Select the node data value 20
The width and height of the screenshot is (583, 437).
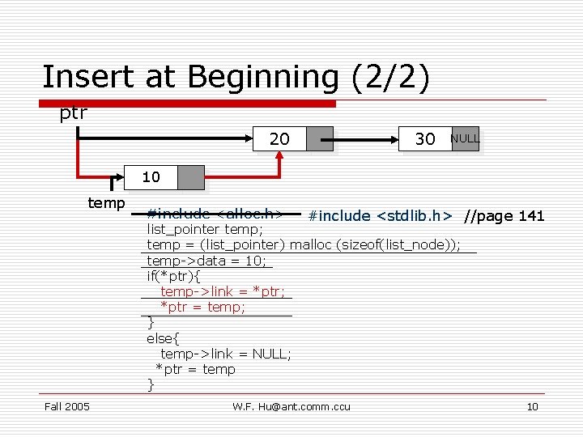click(279, 139)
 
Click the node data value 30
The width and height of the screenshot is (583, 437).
click(425, 139)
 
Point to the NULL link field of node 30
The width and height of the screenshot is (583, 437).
click(465, 138)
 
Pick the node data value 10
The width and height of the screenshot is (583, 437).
click(151, 177)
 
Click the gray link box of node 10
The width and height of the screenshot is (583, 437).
click(191, 177)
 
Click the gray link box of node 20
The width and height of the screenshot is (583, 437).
click(320, 139)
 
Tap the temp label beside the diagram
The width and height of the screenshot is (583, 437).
click(107, 202)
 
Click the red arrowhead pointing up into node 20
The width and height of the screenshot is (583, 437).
click(279, 159)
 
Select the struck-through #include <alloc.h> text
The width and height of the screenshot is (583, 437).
click(215, 214)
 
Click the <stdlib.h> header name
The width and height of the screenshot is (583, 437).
click(414, 216)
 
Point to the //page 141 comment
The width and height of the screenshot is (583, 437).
click(504, 216)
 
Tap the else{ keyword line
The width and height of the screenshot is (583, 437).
click(163, 338)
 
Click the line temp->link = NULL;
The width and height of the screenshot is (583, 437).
click(226, 354)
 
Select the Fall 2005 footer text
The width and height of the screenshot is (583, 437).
click(66, 406)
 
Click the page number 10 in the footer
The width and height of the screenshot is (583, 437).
click(532, 406)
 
